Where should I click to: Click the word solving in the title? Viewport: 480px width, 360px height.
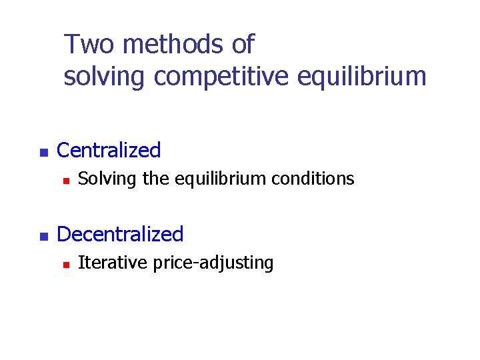coord(104,77)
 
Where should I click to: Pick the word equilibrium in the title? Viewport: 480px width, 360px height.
coord(359,77)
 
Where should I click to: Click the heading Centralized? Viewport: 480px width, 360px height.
coord(109,151)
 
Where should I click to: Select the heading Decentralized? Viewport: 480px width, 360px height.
coord(120,235)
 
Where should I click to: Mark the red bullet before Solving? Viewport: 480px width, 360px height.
coord(66,180)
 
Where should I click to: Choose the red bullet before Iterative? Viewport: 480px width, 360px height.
coord(66,264)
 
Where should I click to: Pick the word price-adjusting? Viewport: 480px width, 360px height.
coord(213,263)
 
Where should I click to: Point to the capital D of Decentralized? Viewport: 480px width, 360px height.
coord(63,235)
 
